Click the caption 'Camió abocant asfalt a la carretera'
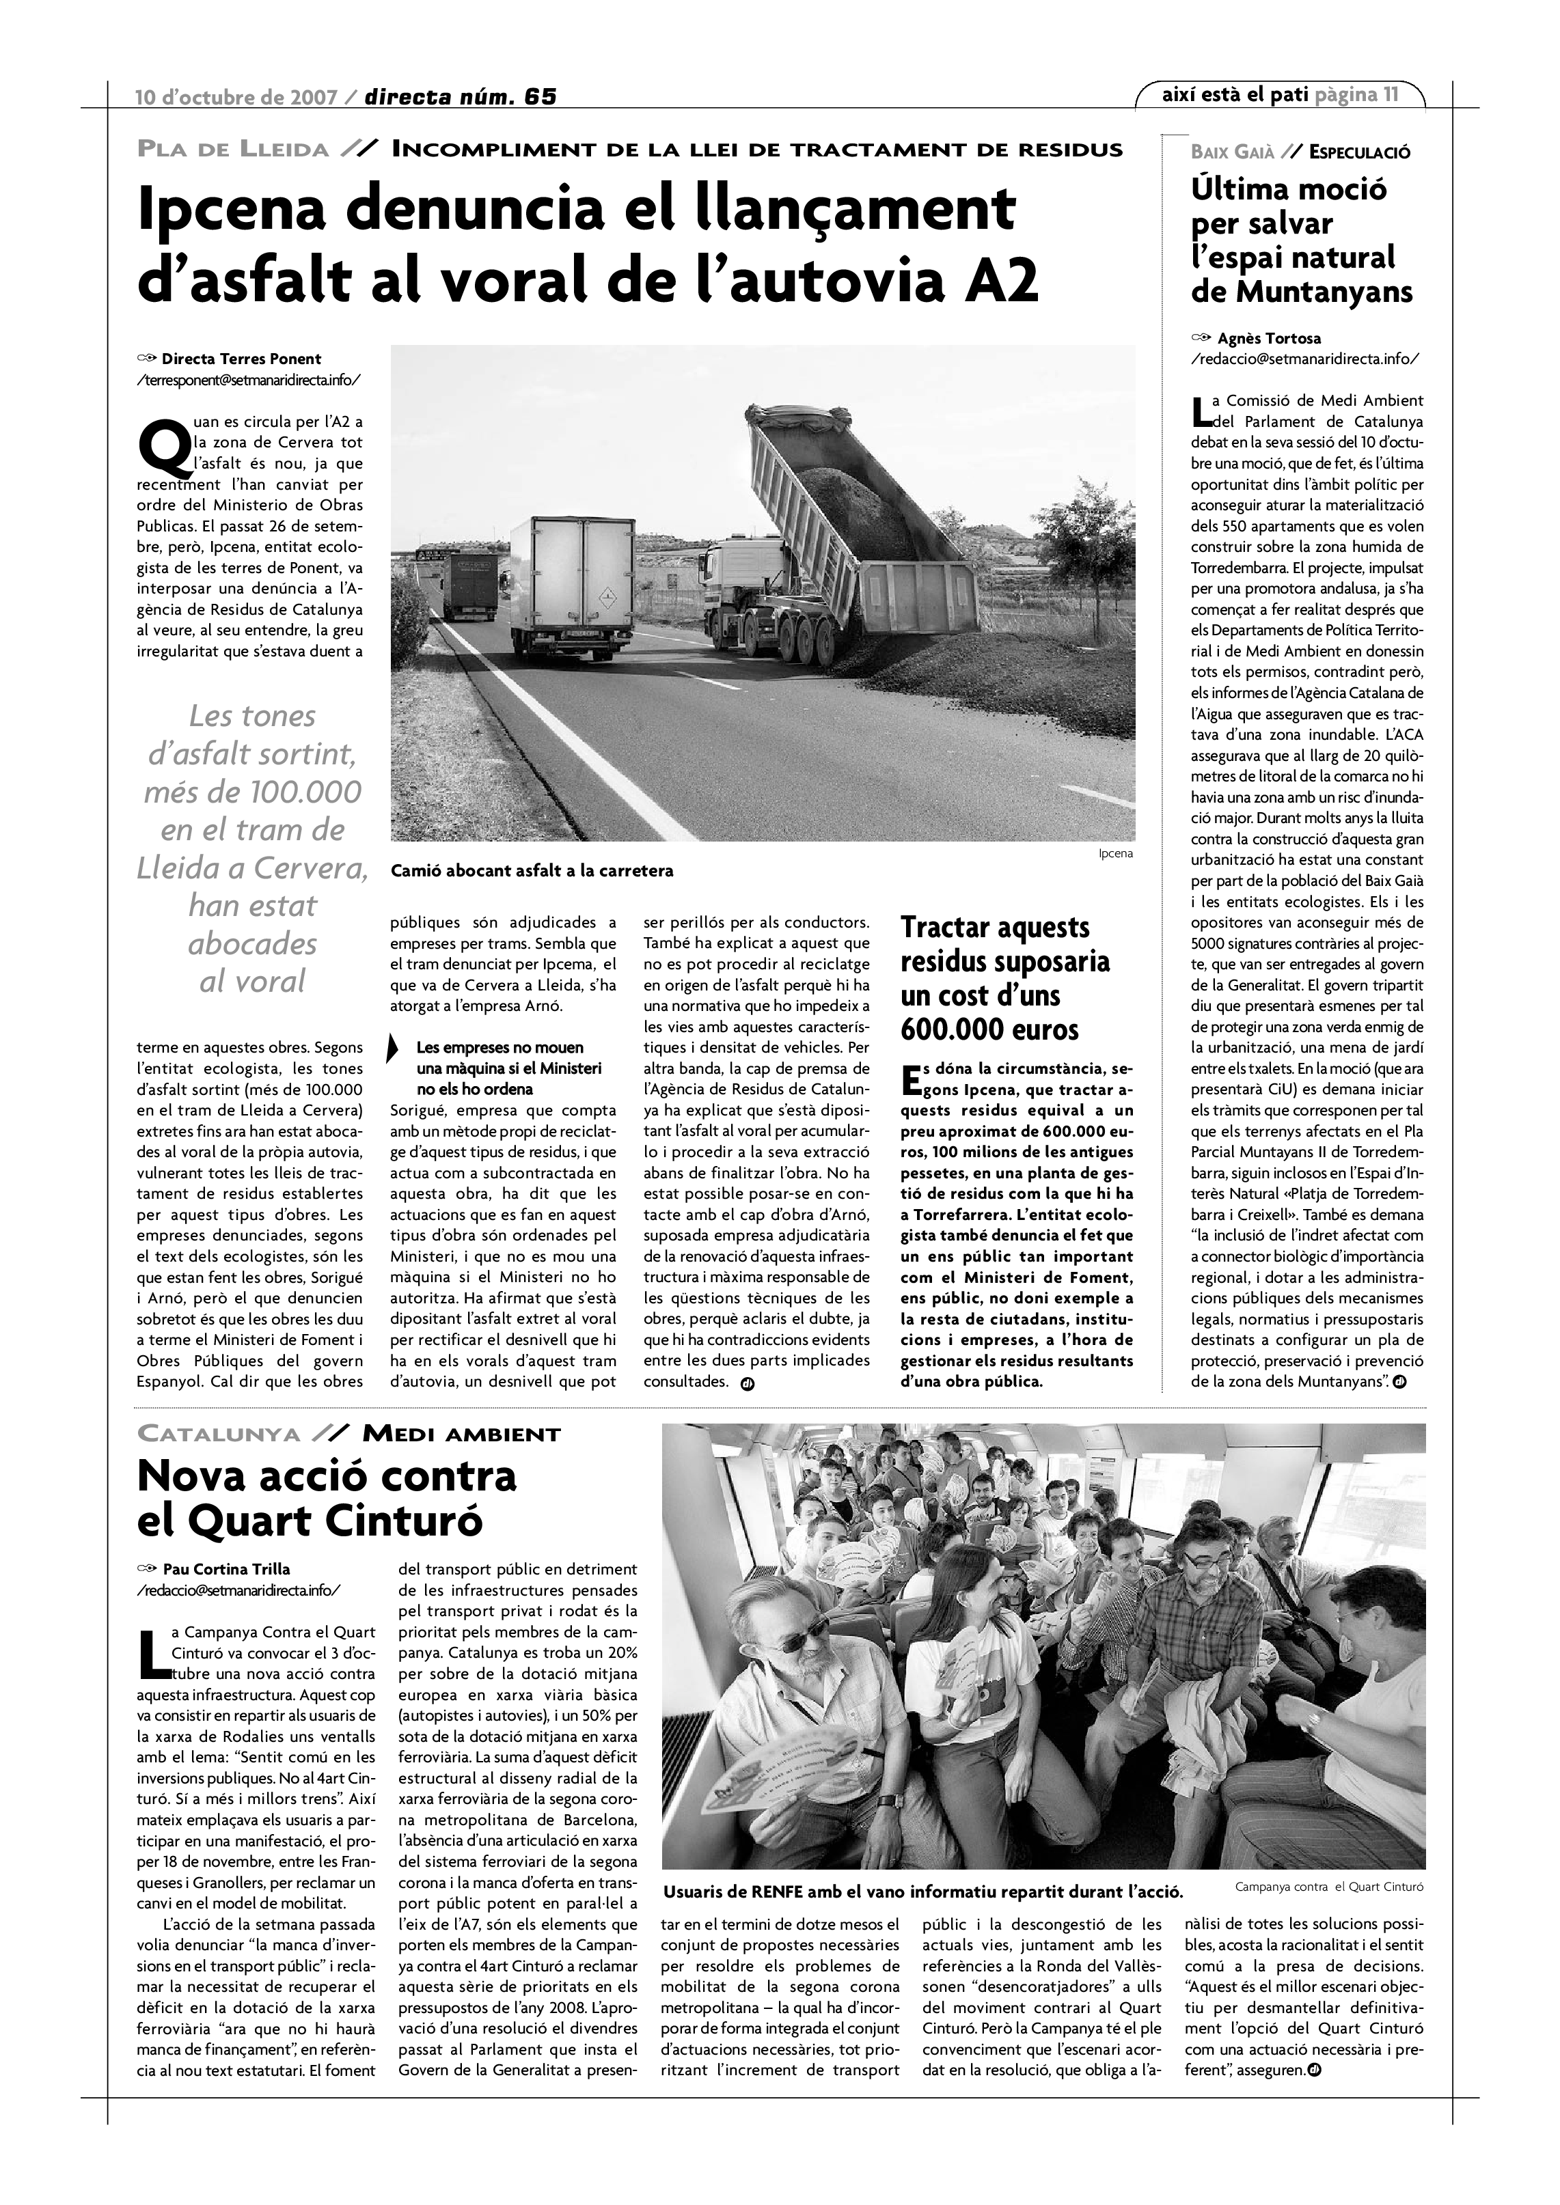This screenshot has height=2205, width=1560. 531,871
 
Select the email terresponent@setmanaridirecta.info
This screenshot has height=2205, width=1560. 250,379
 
